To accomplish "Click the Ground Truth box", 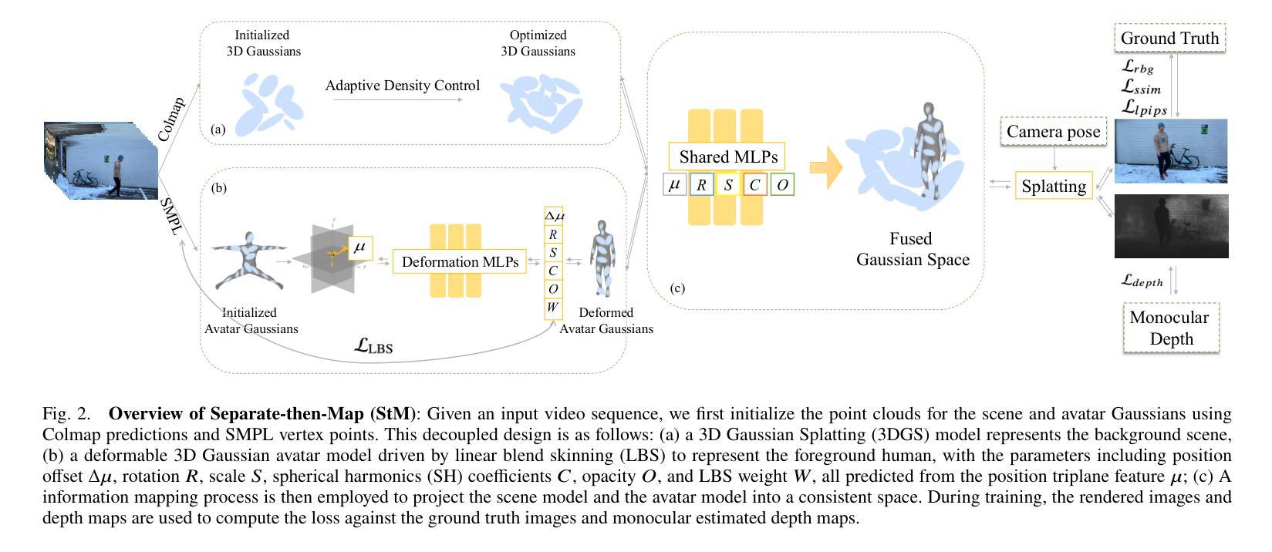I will click(1169, 38).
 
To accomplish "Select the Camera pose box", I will click(1053, 132).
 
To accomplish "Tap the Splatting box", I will click(1054, 186).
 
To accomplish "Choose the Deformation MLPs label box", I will click(460, 261).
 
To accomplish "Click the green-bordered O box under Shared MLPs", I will click(782, 185).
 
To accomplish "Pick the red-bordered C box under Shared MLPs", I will click(754, 185).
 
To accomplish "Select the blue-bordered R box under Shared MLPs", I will click(701, 185).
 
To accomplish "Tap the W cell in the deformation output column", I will click(552, 308).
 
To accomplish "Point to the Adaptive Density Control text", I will click(402, 86).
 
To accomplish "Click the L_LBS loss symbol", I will click(373, 346).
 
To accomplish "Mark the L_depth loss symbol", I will click(1142, 281).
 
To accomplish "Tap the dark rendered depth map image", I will click(1171, 226).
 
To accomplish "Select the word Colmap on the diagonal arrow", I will click(171, 119).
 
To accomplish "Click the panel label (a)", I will click(218, 130).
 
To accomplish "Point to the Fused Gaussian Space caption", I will click(912, 249).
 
